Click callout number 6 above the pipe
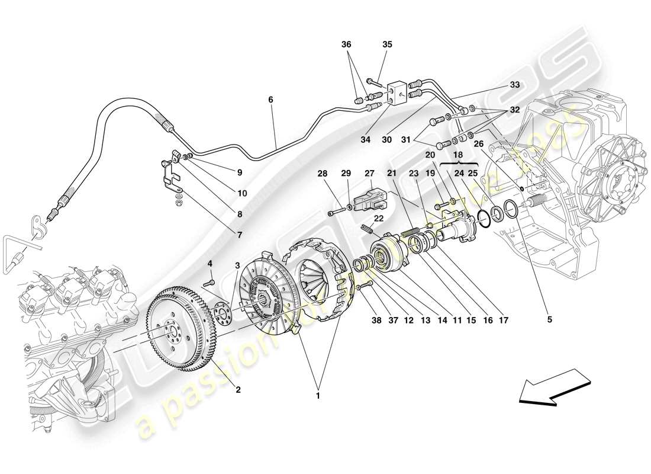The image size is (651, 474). point(270,100)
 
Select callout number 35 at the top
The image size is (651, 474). point(387,44)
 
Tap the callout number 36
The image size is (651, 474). point(346,44)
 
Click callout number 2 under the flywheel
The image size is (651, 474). point(238,390)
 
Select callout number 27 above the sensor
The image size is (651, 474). point(370,174)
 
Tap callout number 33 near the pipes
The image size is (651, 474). point(514,85)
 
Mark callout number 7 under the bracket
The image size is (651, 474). point(240,235)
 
